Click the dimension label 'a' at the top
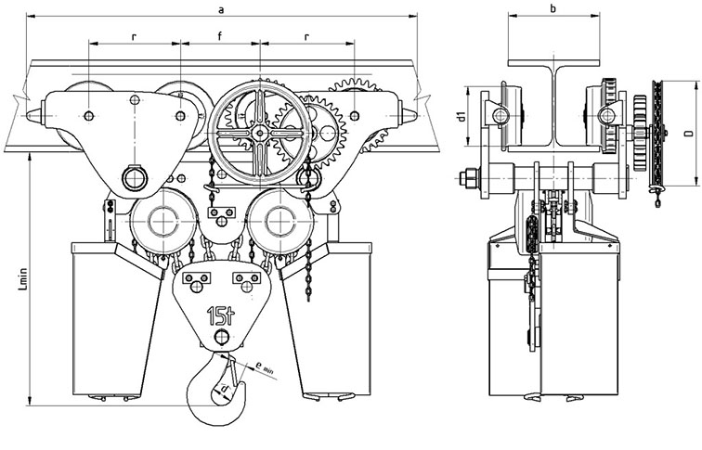tap(221, 10)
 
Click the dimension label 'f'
tap(220, 37)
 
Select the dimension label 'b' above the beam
tap(553, 8)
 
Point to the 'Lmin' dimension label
tap(23, 279)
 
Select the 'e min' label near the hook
tap(264, 366)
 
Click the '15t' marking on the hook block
tap(221, 315)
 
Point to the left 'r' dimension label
tap(134, 37)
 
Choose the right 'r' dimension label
tap(306, 37)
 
